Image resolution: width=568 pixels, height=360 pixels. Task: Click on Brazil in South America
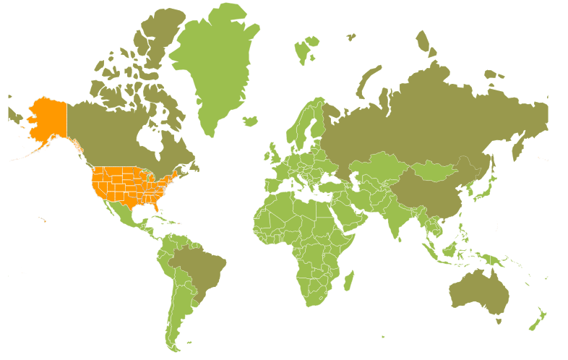click(199, 267)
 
